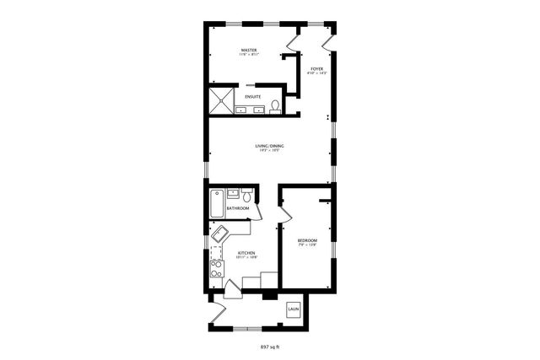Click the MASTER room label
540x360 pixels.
tap(248, 51)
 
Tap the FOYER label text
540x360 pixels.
tap(316, 68)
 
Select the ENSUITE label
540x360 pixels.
tap(253, 98)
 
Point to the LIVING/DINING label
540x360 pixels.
tap(269, 147)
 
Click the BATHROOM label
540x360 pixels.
tap(237, 208)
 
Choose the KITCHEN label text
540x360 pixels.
tap(246, 253)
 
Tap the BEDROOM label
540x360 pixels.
tap(307, 241)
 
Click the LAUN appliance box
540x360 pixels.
tap(294, 309)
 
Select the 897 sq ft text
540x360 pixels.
tap(269, 347)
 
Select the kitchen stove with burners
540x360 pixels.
tap(217, 270)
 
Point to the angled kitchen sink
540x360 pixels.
tap(222, 234)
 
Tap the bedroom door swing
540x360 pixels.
tap(283, 218)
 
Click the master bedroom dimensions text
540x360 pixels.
tap(248, 56)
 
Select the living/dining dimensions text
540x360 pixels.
tap(269, 152)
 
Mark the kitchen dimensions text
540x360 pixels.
tap(246, 258)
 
